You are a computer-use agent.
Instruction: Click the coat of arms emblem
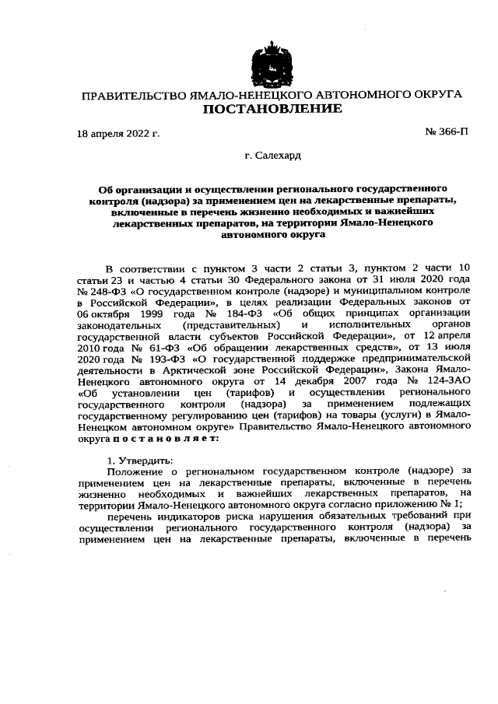(x=271, y=64)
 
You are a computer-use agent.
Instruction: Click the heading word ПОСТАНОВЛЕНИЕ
(x=272, y=109)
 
